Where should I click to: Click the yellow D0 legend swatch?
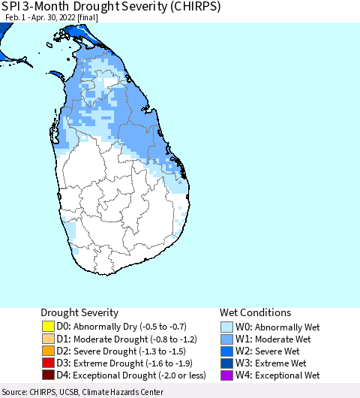[x=49, y=327]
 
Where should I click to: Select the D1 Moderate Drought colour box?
[x=49, y=339]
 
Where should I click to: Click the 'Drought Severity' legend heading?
[x=79, y=312]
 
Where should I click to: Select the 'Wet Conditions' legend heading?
[x=255, y=312]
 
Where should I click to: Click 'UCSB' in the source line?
[x=79, y=392]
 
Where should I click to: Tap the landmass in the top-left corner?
[x=6, y=30]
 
